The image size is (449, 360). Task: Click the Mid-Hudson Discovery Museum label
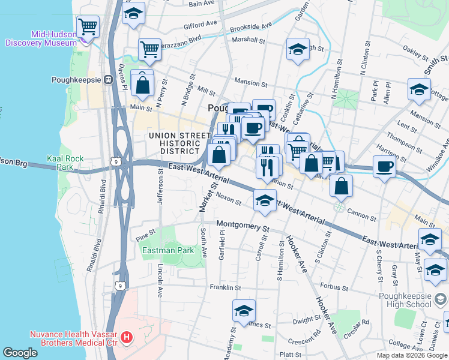click(x=40, y=39)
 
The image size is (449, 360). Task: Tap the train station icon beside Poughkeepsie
click(x=109, y=79)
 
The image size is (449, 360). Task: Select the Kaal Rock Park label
click(x=65, y=163)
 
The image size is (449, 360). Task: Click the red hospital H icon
click(x=126, y=338)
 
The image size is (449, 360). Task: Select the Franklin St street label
click(x=225, y=288)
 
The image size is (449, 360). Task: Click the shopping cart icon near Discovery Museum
click(x=89, y=26)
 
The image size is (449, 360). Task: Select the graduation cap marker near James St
click(x=244, y=311)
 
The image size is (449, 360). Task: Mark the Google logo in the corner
click(x=20, y=352)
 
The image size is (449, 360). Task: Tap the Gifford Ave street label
click(x=200, y=25)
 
